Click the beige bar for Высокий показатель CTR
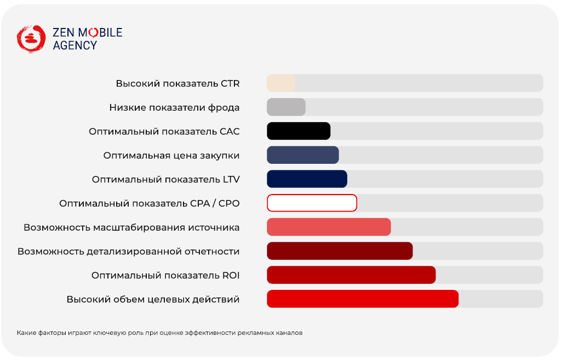(x=281, y=83)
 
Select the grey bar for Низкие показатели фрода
(x=286, y=107)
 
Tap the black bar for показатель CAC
(x=299, y=132)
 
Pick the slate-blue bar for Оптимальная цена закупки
(x=303, y=155)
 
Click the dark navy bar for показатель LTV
(x=307, y=179)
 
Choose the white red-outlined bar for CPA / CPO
(x=312, y=203)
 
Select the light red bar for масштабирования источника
(x=329, y=227)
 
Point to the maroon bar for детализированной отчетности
(x=340, y=252)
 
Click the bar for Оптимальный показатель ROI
(x=351, y=276)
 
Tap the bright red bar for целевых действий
(x=363, y=299)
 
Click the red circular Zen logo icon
(x=31, y=39)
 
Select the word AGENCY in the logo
(x=75, y=45)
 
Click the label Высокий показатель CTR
(x=178, y=83)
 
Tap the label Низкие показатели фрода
(x=175, y=107)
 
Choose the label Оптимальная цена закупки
(x=171, y=156)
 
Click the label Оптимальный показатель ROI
(x=165, y=276)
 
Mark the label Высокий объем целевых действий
(x=153, y=299)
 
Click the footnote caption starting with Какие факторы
(x=159, y=333)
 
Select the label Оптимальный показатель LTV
(x=166, y=179)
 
